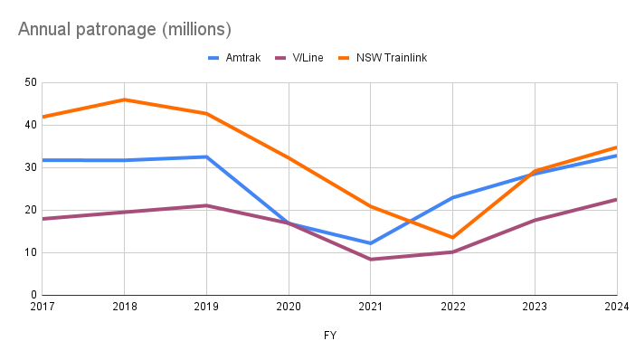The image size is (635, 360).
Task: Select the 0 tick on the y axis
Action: pos(33,295)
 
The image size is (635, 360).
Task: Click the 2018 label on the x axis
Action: pos(124,308)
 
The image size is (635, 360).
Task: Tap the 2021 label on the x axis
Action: pos(371,308)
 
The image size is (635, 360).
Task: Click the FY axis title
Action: pos(330,336)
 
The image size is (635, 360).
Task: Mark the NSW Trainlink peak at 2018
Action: pos(124,99)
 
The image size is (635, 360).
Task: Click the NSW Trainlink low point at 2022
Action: pos(452,237)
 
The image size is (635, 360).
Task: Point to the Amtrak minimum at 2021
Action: pos(371,243)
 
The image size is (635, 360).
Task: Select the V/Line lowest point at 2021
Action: pos(371,260)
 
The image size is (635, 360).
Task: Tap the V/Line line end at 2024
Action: pos(616,200)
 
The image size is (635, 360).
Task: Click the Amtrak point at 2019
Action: pos(206,156)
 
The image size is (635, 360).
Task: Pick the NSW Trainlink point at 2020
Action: pos(289,157)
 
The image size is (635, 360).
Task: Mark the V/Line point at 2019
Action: pos(206,205)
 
